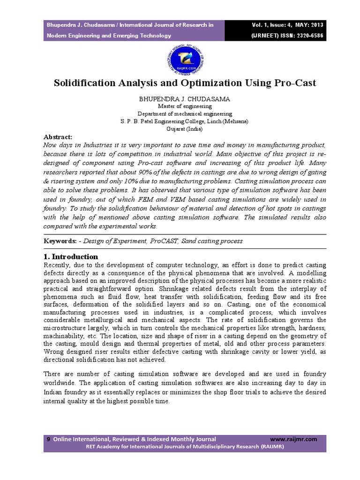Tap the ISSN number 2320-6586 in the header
coord(306,36)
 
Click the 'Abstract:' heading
coord(58,137)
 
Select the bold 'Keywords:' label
coord(60,241)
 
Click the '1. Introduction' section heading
coord(71,257)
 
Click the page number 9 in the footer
coord(48,439)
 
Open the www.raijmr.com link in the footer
coord(294,439)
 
